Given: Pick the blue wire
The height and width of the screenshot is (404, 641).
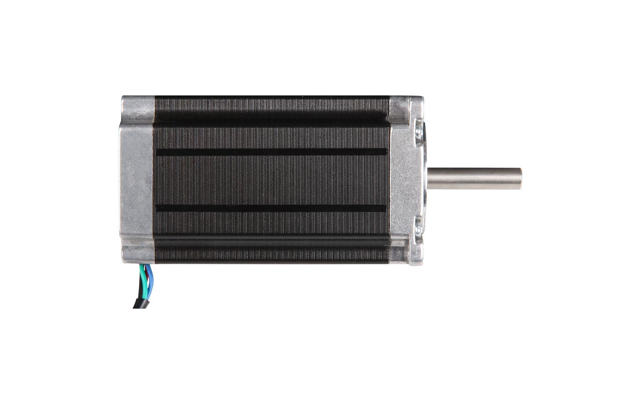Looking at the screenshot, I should [149, 279].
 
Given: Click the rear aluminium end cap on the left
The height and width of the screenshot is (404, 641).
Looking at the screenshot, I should [136, 180].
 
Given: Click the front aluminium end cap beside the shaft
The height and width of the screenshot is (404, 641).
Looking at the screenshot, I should [404, 180].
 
